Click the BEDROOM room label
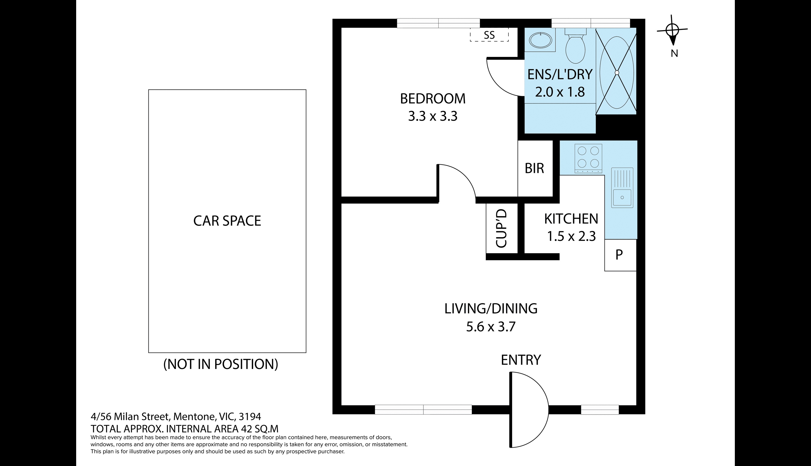click(x=433, y=99)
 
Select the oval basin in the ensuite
click(x=540, y=40)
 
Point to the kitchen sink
click(x=622, y=187)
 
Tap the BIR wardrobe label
click(x=534, y=168)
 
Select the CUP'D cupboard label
click(x=501, y=228)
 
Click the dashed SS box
click(x=489, y=35)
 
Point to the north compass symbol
click(x=672, y=30)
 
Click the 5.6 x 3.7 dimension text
click(x=491, y=327)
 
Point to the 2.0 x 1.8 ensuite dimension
click(x=560, y=92)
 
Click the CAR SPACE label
click(x=227, y=221)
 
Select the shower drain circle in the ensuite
click(x=617, y=73)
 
